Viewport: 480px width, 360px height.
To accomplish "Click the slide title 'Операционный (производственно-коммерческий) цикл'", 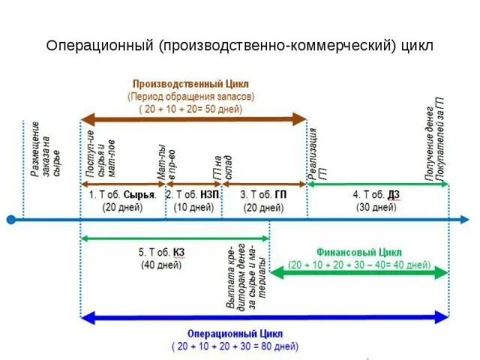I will (x=240, y=45).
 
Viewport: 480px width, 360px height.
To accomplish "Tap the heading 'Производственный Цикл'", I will (x=190, y=84).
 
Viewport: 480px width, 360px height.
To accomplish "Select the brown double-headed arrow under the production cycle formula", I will (x=193, y=118).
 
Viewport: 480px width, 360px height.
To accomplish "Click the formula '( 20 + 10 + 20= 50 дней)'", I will (x=190, y=108).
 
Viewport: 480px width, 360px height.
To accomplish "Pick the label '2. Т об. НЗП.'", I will (x=193, y=193).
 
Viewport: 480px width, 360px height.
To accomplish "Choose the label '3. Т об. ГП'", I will (x=262, y=193).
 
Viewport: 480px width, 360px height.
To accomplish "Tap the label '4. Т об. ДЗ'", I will (x=376, y=194).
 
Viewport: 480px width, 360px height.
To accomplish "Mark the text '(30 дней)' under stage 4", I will (x=376, y=206).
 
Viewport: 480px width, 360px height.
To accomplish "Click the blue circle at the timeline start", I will (x=10, y=220).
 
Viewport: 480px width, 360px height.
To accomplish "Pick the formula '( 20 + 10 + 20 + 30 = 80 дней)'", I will (x=234, y=346).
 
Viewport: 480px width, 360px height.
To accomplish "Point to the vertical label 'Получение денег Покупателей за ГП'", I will (x=436, y=142).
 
